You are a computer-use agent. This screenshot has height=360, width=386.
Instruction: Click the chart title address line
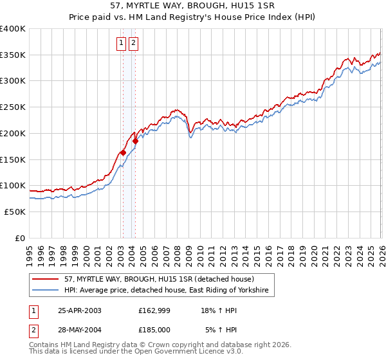point(192,6)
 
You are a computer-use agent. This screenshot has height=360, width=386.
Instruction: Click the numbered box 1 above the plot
point(122,43)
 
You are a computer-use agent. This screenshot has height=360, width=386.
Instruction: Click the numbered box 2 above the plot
point(133,43)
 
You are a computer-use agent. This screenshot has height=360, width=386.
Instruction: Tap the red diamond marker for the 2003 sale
point(123,152)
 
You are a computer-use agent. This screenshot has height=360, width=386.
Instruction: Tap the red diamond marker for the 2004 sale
point(136,141)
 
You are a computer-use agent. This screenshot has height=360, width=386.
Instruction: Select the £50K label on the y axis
point(15,212)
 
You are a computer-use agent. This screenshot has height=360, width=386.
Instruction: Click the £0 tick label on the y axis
point(19,238)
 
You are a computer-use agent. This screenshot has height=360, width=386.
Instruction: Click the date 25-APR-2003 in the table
point(79,310)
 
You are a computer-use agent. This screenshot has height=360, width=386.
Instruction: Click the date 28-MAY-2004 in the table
point(80,330)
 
